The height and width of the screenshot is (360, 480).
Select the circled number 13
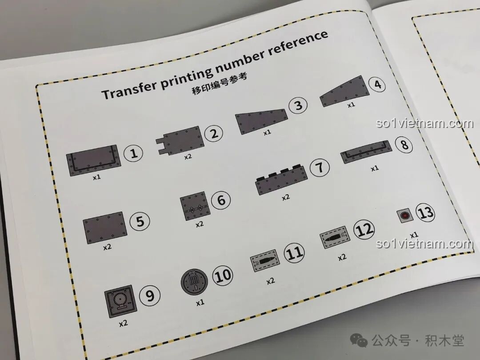425,212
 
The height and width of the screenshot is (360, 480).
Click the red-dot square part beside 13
405,216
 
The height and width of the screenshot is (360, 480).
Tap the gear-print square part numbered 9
120,301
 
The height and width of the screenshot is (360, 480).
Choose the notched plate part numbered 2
180,140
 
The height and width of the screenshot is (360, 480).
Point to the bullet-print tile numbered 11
265,260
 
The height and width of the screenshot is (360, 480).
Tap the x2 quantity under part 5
107,247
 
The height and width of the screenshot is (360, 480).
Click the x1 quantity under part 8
375,169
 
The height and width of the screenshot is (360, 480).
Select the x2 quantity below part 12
342,257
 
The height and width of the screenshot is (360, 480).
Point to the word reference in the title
298,42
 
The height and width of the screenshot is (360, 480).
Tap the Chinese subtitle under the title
219,84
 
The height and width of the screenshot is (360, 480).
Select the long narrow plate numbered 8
366,152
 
